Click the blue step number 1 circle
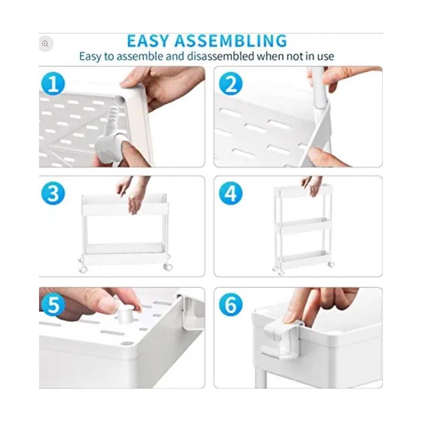(x=53, y=84)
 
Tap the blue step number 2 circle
(x=231, y=84)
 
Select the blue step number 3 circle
(x=53, y=194)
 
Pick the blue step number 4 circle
(x=231, y=194)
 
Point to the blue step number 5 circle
(x=53, y=304)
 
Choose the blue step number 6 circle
(x=231, y=304)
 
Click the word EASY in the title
(x=149, y=41)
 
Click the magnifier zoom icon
(x=45, y=44)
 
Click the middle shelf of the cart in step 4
(x=304, y=223)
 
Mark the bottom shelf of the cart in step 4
(x=304, y=258)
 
